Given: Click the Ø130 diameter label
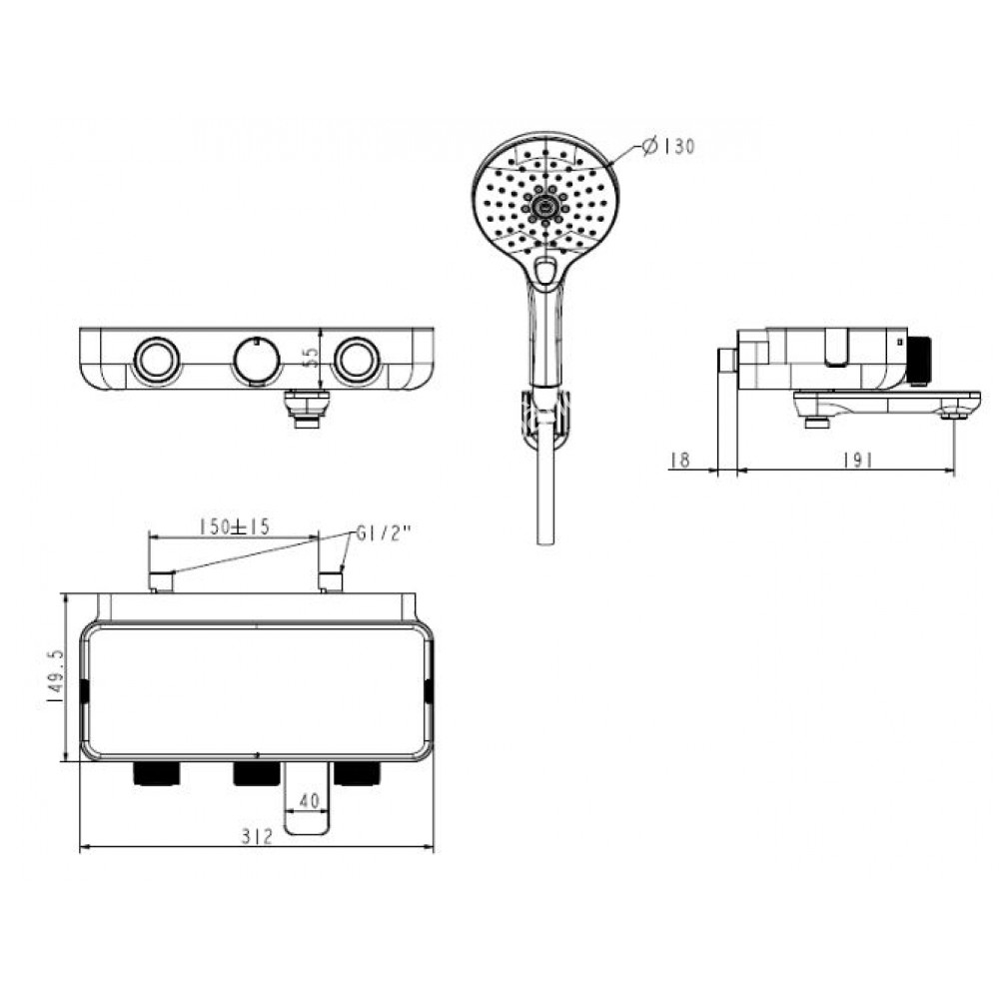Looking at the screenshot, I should point(666,147).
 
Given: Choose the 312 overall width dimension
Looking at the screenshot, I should point(257,838).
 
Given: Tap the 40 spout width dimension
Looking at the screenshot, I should point(308,799).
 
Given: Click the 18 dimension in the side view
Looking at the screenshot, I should point(679,460).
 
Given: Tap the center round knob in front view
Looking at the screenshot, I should point(257,359).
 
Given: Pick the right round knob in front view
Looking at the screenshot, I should point(357,359).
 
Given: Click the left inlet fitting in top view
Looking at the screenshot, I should point(160,580).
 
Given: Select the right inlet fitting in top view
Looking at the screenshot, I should point(330,580).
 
